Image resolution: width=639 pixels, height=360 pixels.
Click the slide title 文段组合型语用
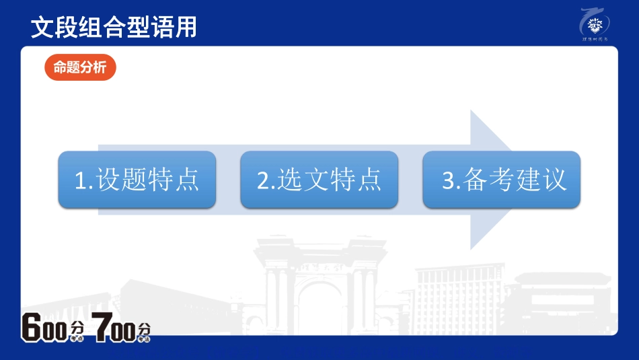(114, 27)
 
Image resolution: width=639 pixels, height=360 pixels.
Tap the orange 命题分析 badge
(80, 67)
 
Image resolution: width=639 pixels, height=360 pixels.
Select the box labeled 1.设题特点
(137, 180)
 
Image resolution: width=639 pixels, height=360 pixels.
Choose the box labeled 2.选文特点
(319, 180)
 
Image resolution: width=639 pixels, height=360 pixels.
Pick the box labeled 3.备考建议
(501, 180)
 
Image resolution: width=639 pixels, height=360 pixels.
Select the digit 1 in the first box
(81, 181)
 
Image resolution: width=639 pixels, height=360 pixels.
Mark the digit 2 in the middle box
(264, 181)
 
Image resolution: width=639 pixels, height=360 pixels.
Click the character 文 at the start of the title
(42, 27)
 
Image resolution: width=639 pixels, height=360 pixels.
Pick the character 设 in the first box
(108, 180)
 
